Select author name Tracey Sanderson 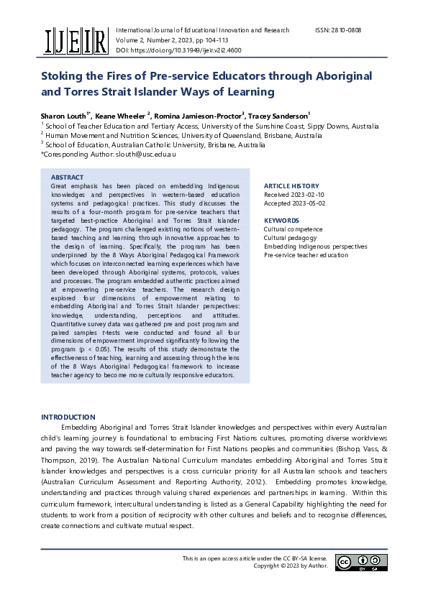tap(278, 114)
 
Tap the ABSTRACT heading tap(67, 177)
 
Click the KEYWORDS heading tap(281, 221)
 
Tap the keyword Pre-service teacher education tap(306, 255)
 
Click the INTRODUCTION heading tap(68, 417)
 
